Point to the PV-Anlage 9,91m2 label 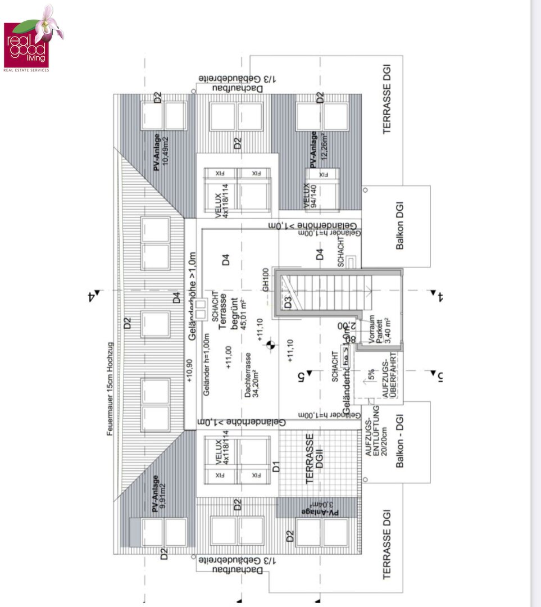coord(159,493)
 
